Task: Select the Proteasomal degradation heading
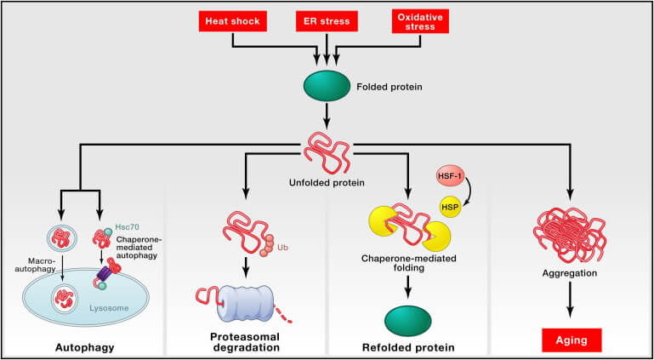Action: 246,343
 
